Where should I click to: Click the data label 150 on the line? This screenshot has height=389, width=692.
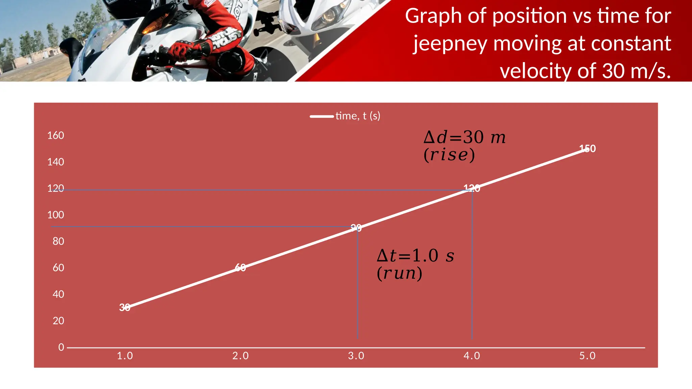587,149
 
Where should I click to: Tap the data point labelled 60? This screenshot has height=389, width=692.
240,268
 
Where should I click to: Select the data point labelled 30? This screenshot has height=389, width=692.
125,307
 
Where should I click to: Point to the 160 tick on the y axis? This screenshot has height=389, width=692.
55,135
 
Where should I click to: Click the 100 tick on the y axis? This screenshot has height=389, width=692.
55,215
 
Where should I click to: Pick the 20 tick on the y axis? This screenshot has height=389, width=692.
58,321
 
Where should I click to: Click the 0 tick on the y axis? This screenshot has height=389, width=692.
61,347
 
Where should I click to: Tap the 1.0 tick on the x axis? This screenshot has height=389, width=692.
125,356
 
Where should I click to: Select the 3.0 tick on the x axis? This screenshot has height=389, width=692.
356,356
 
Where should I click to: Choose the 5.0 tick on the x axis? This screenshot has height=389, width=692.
587,356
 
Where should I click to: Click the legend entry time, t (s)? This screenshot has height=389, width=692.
357,116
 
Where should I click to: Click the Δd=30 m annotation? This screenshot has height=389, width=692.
465,137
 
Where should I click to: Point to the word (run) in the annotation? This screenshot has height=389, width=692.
399,273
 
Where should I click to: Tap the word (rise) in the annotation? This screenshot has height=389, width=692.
449,155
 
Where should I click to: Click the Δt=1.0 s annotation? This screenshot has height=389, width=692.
415,256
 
